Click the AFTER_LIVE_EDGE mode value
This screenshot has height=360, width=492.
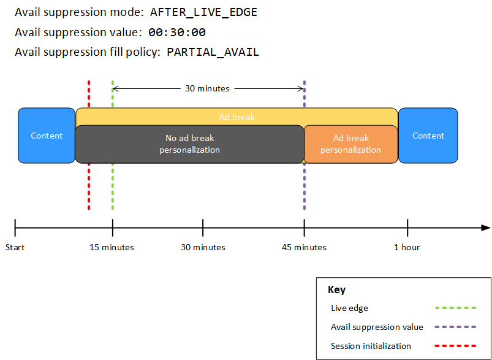click(x=203, y=12)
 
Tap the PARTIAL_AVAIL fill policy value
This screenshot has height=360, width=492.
click(x=213, y=52)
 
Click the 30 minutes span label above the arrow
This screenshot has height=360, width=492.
click(x=207, y=88)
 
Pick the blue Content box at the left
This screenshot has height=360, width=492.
click(x=47, y=136)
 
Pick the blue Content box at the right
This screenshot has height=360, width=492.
click(x=428, y=136)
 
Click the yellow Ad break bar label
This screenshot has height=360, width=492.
click(x=237, y=117)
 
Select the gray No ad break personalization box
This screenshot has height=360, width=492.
click(x=189, y=144)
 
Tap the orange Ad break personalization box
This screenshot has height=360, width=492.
click(x=350, y=144)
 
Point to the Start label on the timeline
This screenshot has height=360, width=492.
click(x=15, y=247)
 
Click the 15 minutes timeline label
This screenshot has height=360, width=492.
click(x=112, y=247)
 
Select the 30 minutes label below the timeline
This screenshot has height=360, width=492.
click(x=203, y=247)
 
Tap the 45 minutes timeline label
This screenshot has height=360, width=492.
click(x=304, y=247)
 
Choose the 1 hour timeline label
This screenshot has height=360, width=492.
click(x=407, y=247)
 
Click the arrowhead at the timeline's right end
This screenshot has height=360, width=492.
click(x=486, y=228)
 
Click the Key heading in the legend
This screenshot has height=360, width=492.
click(x=336, y=290)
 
